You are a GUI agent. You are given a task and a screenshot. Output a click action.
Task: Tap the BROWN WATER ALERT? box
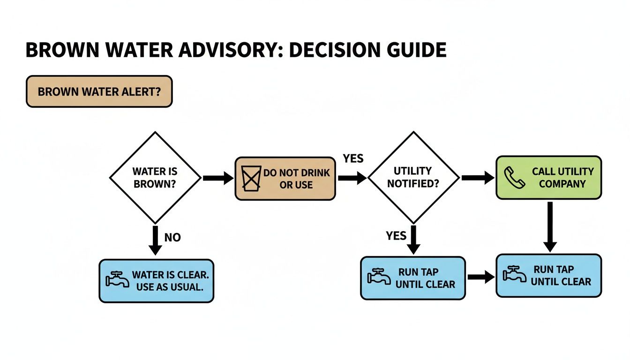point(99,91)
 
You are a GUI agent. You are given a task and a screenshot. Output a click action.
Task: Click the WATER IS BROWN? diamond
point(155,178)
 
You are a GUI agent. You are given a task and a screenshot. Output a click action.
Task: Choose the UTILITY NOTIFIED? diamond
point(413,178)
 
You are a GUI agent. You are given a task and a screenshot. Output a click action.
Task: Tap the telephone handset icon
point(512,177)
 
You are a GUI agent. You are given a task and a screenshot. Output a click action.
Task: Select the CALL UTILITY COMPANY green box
point(548,178)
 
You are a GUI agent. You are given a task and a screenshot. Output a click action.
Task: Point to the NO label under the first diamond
point(172,238)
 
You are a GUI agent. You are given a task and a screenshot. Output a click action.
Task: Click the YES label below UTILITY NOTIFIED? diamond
point(396,235)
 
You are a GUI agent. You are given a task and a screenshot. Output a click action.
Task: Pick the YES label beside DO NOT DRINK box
point(353,158)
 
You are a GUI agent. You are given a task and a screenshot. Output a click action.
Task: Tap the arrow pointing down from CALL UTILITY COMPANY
point(550,227)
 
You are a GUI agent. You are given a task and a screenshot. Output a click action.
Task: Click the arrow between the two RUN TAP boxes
point(481,277)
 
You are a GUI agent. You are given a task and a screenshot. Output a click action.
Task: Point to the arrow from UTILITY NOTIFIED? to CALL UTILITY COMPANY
point(478,178)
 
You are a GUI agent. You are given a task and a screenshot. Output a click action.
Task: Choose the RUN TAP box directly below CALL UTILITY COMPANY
point(548,276)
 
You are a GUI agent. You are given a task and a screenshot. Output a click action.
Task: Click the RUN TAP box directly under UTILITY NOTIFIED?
point(412,278)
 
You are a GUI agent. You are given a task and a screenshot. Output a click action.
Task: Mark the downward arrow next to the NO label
point(155,240)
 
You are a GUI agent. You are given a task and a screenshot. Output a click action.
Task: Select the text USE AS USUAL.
point(170,287)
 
